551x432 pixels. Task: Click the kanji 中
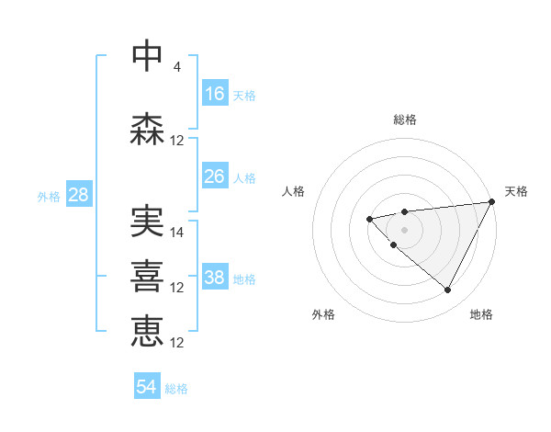tap(148, 55)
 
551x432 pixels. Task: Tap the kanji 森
tap(148, 130)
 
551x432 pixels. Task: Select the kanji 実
tap(148, 221)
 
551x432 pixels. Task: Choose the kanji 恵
tap(148, 331)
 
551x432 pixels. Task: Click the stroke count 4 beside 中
tap(177, 66)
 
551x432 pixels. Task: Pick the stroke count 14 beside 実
tap(177, 233)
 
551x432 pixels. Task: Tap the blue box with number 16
tap(215, 94)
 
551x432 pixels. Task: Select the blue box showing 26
tap(215, 176)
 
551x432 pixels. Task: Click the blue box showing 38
tap(215, 277)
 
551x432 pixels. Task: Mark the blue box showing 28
tap(78, 195)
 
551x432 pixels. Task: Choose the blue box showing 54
tap(147, 387)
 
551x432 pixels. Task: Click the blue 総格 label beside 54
tap(176, 389)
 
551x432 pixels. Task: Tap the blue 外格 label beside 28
tap(49, 197)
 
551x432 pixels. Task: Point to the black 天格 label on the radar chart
tap(516, 191)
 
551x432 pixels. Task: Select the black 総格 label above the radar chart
tap(404, 119)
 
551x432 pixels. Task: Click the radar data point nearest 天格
tap(493, 201)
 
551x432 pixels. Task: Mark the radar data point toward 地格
tap(447, 290)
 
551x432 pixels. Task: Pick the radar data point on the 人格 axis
tap(369, 219)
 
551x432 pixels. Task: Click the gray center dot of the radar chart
tap(404, 230)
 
